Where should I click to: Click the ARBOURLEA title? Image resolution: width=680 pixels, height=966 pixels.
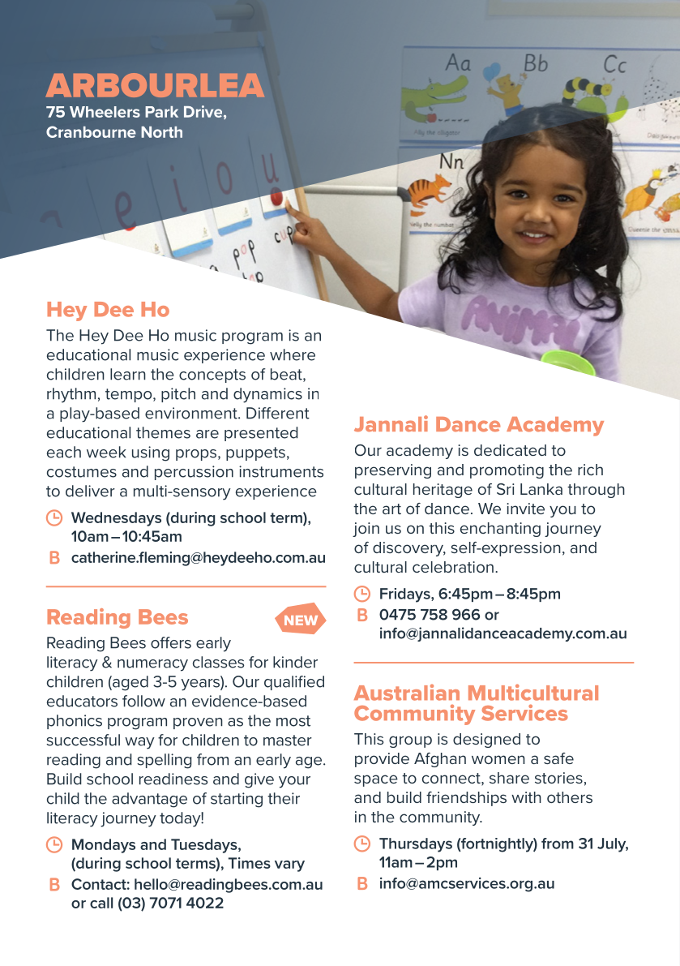click(x=155, y=86)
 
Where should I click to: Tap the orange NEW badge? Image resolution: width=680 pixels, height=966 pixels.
click(x=302, y=620)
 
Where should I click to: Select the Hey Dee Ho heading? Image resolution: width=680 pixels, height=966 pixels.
click(x=108, y=310)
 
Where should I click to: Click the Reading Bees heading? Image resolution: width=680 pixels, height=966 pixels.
click(x=117, y=617)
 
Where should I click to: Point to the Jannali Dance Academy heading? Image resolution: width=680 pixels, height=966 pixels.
click(x=479, y=425)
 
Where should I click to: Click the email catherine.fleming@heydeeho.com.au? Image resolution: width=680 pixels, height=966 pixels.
click(x=199, y=558)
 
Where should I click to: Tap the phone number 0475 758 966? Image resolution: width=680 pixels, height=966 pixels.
click(x=430, y=615)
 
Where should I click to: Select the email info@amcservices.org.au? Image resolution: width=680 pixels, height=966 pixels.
click(x=467, y=884)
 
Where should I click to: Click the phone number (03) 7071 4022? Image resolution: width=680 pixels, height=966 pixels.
click(x=171, y=903)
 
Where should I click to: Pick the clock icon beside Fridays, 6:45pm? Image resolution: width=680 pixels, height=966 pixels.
click(x=362, y=594)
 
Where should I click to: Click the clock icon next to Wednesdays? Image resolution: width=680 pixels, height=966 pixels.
click(x=54, y=517)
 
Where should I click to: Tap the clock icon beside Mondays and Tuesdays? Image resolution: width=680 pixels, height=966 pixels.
click(x=54, y=844)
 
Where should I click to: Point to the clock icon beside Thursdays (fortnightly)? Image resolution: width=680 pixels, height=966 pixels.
click(x=362, y=844)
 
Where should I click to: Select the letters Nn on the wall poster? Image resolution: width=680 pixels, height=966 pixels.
click(x=451, y=161)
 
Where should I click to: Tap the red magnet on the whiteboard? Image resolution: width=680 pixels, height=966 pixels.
click(x=277, y=198)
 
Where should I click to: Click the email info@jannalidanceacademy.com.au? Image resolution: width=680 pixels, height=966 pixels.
click(x=503, y=634)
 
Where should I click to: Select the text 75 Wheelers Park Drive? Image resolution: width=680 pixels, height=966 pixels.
click(x=136, y=112)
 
